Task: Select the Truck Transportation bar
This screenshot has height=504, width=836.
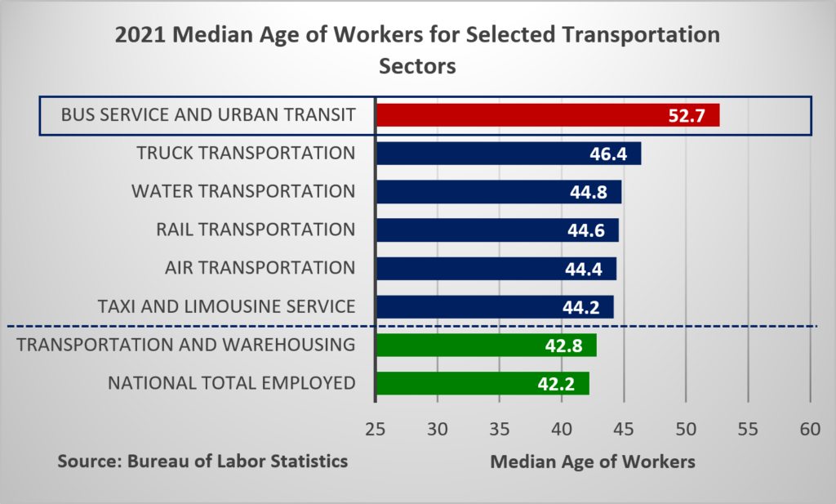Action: click(x=508, y=154)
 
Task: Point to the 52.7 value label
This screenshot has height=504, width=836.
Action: click(x=686, y=116)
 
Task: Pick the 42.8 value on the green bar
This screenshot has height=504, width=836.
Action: click(x=563, y=346)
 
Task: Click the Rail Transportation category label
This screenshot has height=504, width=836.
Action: click(x=256, y=230)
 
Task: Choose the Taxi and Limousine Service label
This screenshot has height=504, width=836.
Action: click(x=226, y=306)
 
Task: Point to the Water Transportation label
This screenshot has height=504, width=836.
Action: click(x=243, y=191)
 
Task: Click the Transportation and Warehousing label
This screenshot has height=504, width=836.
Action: click(x=185, y=345)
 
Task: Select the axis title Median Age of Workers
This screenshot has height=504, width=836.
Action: click(x=593, y=462)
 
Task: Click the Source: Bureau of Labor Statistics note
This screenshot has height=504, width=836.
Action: click(x=202, y=462)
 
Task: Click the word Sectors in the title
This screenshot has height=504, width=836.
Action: click(x=417, y=66)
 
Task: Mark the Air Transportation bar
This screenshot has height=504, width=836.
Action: click(x=495, y=269)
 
